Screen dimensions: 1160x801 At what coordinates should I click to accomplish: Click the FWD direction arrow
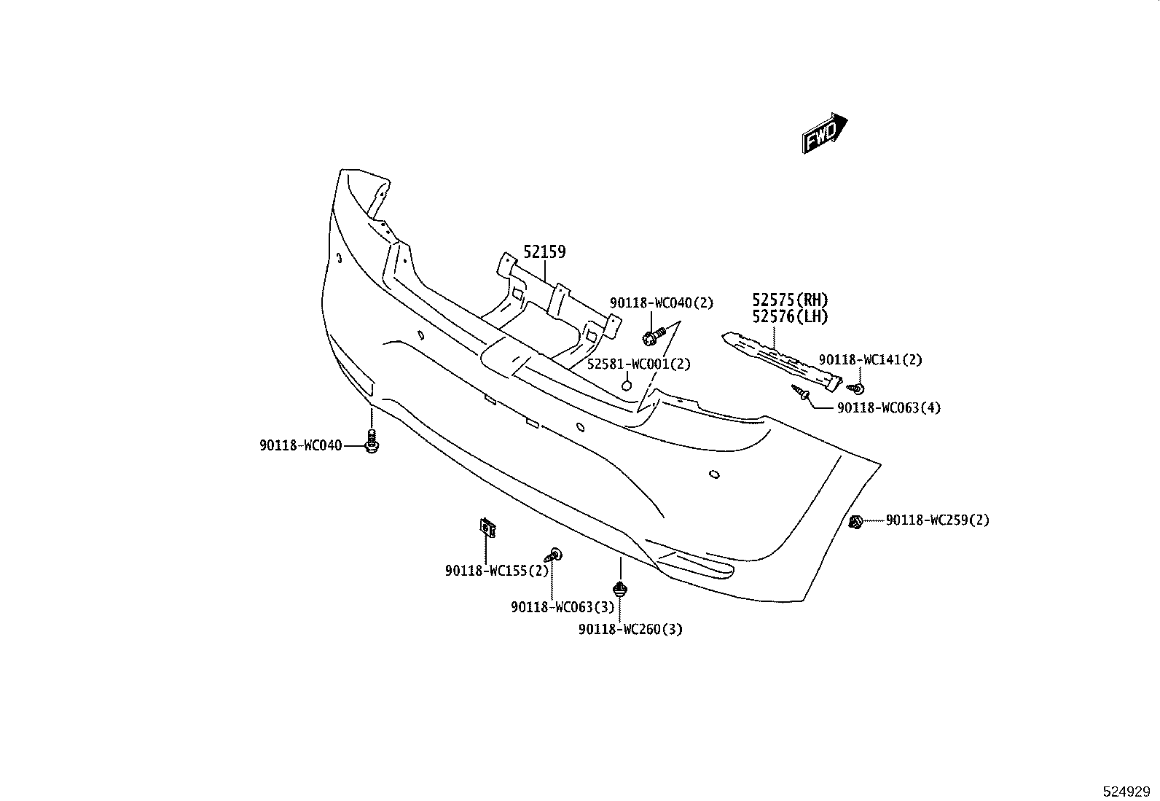tap(824, 133)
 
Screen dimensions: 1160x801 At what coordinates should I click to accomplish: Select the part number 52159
tap(544, 251)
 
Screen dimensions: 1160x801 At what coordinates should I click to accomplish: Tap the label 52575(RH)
tap(790, 300)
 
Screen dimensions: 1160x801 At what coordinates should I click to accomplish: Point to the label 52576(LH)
tap(790, 316)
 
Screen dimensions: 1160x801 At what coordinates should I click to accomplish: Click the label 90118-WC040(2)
tap(662, 302)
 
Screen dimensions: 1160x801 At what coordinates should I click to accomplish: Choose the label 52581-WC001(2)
tap(638, 364)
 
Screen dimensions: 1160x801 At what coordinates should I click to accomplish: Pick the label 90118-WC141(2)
tap(871, 359)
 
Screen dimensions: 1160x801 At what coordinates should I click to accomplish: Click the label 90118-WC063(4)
tap(889, 407)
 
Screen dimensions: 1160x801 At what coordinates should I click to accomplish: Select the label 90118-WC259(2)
tap(937, 520)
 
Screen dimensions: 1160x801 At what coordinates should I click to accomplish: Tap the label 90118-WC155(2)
tap(497, 571)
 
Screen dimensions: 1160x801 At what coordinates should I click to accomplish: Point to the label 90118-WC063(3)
tap(563, 606)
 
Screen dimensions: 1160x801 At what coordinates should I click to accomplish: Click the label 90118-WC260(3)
tap(630, 629)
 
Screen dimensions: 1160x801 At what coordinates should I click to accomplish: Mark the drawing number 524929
tap(1126, 791)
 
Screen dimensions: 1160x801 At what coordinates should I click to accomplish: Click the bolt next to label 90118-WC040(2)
tap(653, 336)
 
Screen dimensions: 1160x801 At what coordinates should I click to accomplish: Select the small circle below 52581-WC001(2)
tap(626, 386)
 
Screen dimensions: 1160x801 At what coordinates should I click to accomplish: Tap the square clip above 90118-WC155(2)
tap(487, 528)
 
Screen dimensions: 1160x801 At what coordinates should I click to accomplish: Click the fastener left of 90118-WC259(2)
tap(855, 522)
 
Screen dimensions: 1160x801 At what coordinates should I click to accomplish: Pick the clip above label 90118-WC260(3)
tap(619, 589)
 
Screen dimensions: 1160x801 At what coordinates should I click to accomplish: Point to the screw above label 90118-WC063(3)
tap(554, 555)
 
